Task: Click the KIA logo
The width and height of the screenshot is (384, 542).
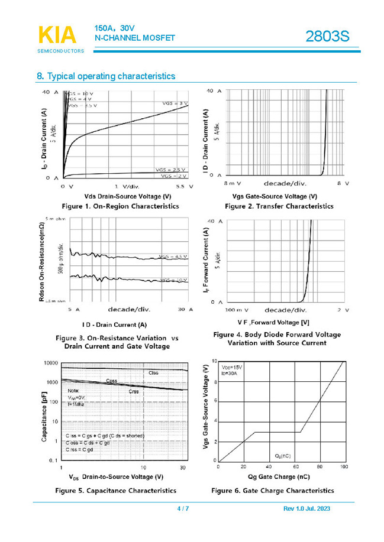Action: pos(57,36)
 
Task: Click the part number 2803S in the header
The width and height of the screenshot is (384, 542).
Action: pos(327,37)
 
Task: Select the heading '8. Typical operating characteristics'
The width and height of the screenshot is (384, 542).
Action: pos(106,76)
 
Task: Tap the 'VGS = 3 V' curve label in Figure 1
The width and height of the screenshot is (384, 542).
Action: pos(175,103)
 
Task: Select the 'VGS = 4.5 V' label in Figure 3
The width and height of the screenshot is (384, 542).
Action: pos(173,257)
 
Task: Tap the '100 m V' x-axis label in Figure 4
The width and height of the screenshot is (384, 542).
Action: pos(237,310)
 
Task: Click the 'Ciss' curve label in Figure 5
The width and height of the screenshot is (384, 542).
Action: pos(153,373)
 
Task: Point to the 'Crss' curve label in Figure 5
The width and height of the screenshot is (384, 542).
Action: pos(134,391)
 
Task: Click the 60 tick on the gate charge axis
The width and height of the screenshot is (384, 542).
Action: pos(294,467)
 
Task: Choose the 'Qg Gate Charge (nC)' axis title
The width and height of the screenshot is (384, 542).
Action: pos(279,476)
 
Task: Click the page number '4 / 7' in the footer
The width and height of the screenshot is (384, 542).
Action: pos(183,509)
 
